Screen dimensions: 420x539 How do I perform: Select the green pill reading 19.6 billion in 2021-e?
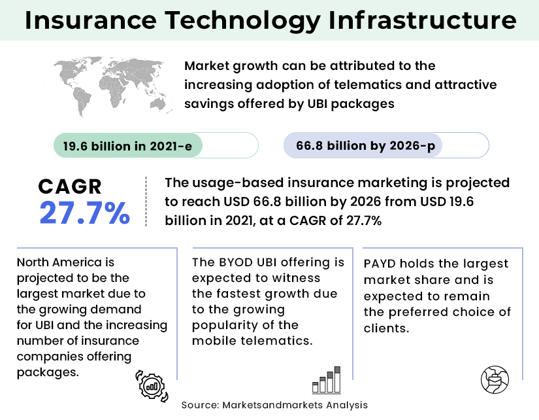pos(127,145)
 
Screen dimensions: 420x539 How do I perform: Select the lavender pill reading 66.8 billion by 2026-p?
pos(365,145)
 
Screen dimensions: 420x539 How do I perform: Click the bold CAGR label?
pos(70,187)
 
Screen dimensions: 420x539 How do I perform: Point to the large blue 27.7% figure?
pos(84,214)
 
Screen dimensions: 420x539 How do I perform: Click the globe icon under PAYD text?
pos(494,379)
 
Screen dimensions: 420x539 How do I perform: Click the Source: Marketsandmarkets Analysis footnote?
pos(274,405)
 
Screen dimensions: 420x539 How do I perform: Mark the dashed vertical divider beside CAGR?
pos(145,202)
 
